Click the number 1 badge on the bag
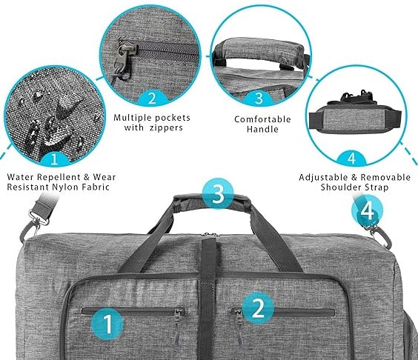(107, 324)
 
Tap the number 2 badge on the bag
(258, 308)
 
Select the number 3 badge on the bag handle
(218, 193)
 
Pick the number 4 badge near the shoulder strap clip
(368, 211)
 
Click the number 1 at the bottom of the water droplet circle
(54, 159)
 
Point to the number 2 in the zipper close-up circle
(152, 98)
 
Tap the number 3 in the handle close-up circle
(259, 98)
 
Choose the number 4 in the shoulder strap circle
(352, 159)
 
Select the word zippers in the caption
(166, 127)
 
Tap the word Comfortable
(262, 119)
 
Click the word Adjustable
(323, 178)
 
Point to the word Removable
(385, 177)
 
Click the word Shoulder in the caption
(339, 187)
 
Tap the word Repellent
(59, 177)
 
